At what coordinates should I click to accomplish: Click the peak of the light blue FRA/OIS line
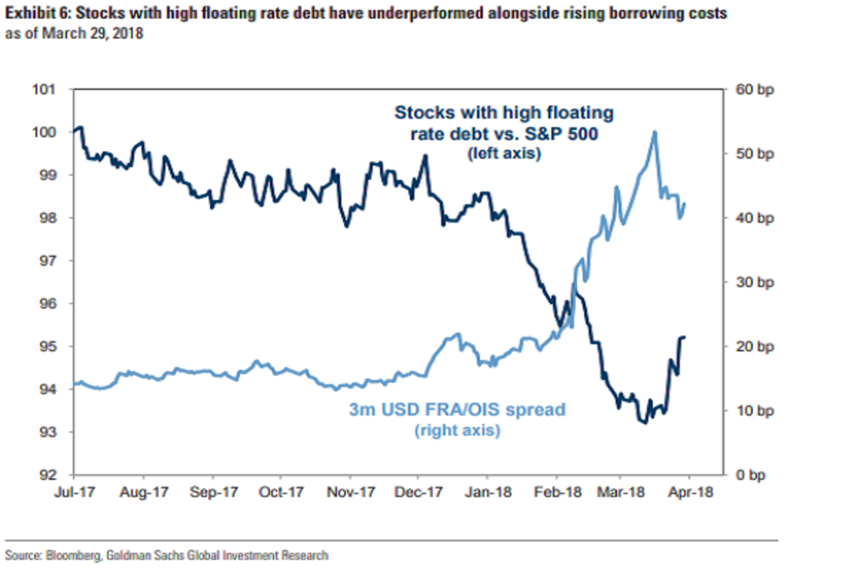pyautogui.click(x=653, y=132)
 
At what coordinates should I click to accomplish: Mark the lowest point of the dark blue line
pyautogui.click(x=645, y=423)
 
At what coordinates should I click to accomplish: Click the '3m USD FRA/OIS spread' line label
pyautogui.click(x=456, y=410)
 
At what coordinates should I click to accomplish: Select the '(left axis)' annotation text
pyautogui.click(x=503, y=153)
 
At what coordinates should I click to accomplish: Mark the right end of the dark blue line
pyautogui.click(x=684, y=337)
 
